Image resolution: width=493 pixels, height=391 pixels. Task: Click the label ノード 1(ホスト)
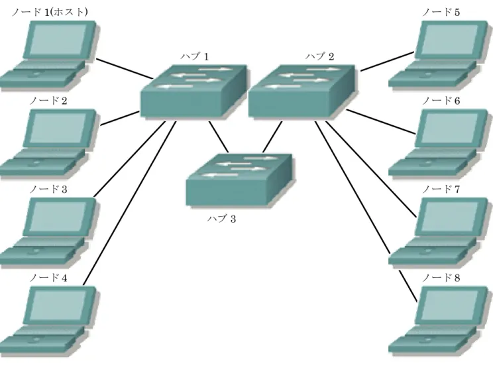tap(50, 12)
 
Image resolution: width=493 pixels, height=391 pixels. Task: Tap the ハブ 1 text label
tap(195, 56)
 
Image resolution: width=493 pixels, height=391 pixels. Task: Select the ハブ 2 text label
tap(320, 56)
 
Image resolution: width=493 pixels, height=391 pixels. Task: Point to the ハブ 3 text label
tap(222, 219)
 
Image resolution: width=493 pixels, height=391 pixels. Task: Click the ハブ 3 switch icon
tap(239, 180)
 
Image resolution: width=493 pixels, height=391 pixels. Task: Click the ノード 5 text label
tap(441, 13)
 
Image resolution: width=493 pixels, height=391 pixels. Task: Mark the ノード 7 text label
tap(441, 190)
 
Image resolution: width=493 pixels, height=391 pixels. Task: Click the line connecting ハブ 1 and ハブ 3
tap(219, 137)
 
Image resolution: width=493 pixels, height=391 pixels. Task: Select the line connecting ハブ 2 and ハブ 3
tap(272, 137)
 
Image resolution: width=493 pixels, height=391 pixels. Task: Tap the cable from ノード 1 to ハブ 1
tap(125, 68)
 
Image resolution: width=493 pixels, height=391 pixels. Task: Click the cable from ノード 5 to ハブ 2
tap(388, 62)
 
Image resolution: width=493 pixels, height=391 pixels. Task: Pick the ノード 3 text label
tap(48, 190)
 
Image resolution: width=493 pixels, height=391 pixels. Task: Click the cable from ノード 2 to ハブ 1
tap(120, 118)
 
